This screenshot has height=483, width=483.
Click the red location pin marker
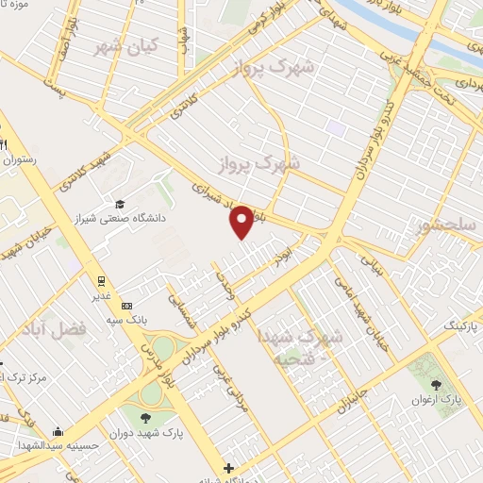[242, 222]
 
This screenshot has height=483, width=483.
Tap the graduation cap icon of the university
[120, 204]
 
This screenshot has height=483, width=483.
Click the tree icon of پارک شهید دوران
[145, 418]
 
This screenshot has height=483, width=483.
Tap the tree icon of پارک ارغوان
[436, 385]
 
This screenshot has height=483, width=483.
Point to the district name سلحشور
[451, 225]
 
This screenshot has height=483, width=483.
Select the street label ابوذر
[275, 251]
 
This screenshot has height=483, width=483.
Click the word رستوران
[23, 161]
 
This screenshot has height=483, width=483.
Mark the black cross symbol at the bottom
[227, 468]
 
